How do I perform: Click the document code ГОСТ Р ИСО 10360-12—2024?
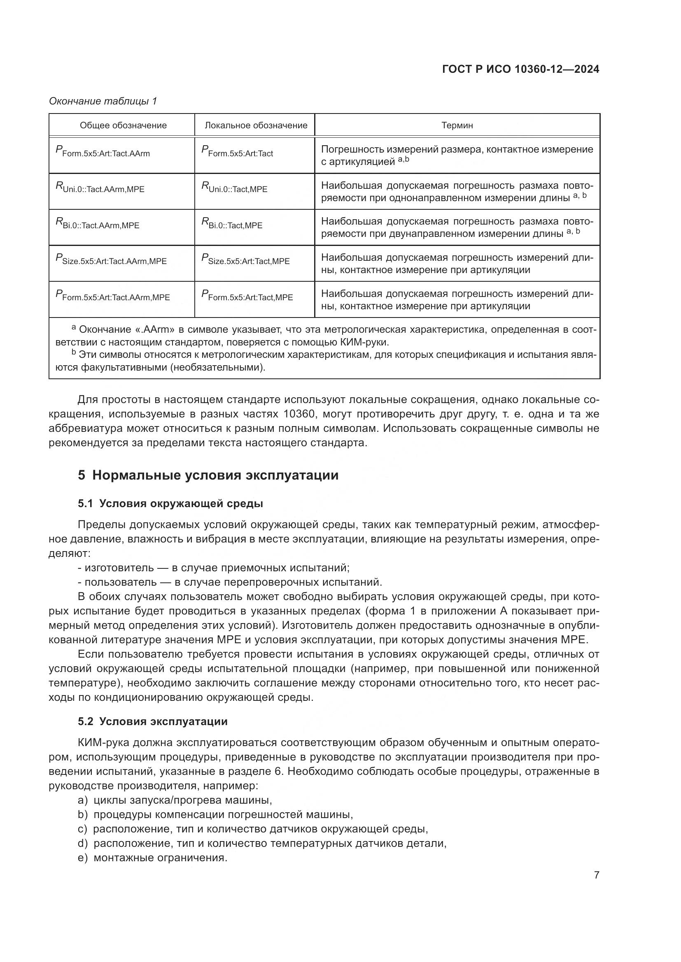pos(521,69)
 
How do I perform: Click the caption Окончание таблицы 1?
pos(103,101)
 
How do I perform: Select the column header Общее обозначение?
pos(123,125)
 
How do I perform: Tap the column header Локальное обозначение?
pos(256,125)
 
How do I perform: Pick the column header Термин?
pos(457,125)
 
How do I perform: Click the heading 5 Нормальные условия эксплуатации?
pos(208,475)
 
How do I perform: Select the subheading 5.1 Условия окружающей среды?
pos(170,504)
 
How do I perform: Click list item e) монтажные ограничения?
pos(153,858)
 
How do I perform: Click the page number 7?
pos(596,875)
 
